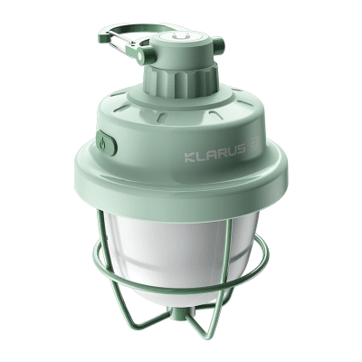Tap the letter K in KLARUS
tap(189, 157)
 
